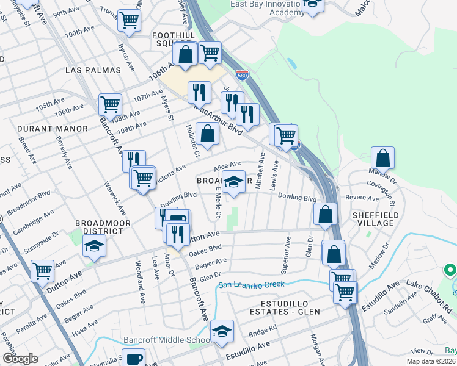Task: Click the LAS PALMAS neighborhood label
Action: (x=93, y=70)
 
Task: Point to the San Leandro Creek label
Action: (x=252, y=285)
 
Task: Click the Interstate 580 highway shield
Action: (x=242, y=74)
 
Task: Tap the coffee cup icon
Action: (x=133, y=358)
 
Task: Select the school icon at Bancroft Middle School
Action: (x=222, y=331)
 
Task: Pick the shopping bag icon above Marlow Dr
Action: (x=382, y=158)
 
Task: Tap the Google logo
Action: (x=20, y=359)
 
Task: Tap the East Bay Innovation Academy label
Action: (x=266, y=7)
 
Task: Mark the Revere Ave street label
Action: (x=362, y=198)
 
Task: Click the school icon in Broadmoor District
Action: (x=94, y=246)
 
